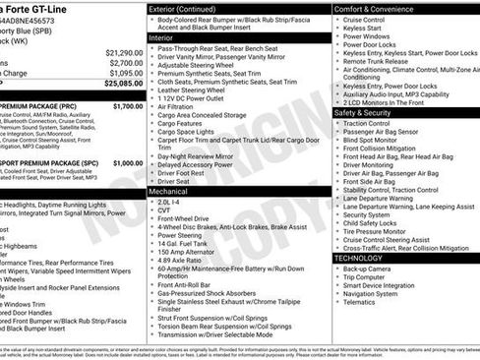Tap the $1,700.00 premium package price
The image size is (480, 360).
(x=127, y=105)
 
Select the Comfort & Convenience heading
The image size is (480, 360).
(x=373, y=9)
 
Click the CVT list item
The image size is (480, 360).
(x=164, y=210)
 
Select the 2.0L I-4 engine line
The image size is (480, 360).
(x=170, y=201)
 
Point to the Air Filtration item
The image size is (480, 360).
(x=177, y=105)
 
